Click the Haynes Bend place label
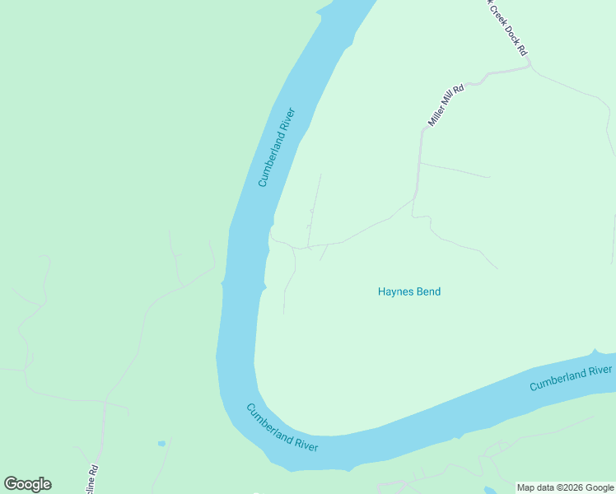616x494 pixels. [x=408, y=291]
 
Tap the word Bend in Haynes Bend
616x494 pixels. [x=427, y=291]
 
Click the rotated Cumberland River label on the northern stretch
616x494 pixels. [x=276, y=147]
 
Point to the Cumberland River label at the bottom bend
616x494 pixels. [x=282, y=427]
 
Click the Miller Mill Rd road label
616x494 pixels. [x=446, y=105]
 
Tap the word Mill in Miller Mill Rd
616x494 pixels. [x=447, y=103]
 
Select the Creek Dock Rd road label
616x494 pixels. [x=507, y=26]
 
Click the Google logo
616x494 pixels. [x=27, y=484]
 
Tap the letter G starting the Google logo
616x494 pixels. [x=11, y=483]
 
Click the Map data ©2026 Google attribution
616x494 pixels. [x=565, y=487]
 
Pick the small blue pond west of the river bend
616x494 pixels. [x=161, y=444]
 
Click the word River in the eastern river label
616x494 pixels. [x=598, y=371]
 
